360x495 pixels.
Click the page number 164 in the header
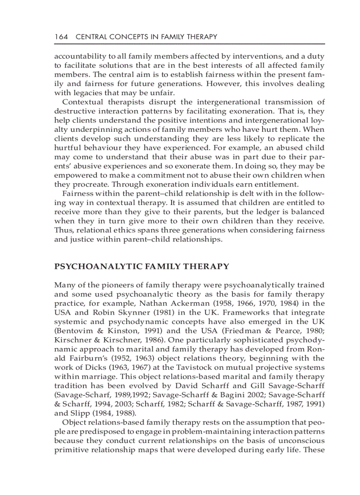61,37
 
